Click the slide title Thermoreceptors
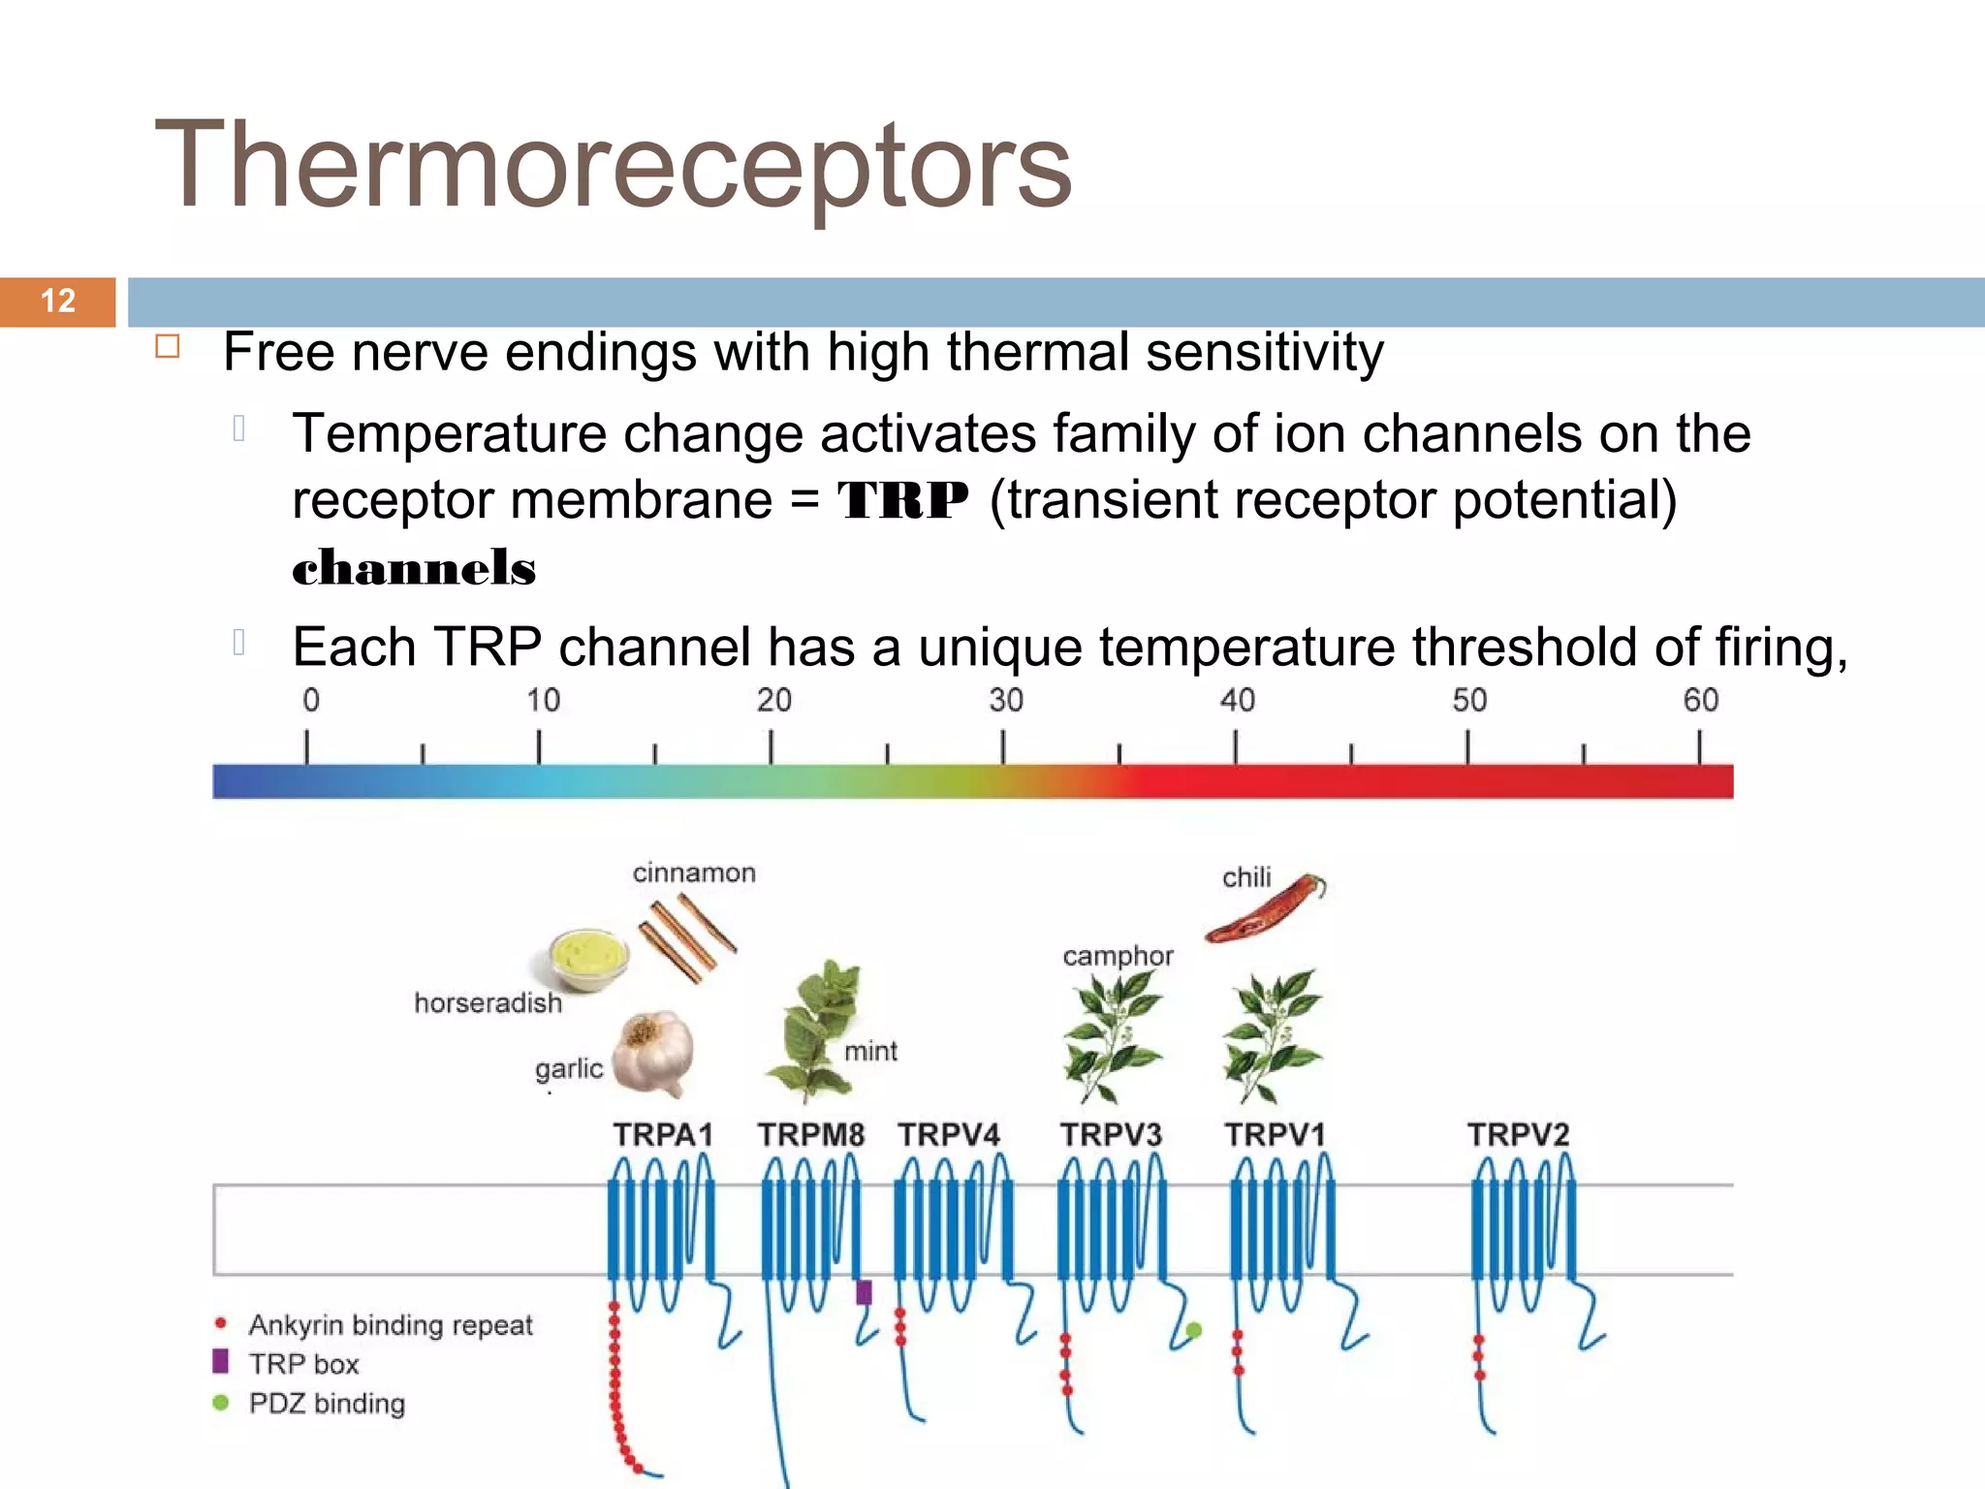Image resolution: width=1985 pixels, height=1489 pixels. (613, 165)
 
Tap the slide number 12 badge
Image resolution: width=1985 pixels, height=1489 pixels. (58, 301)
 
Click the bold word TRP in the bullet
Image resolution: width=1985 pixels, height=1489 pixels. (902, 501)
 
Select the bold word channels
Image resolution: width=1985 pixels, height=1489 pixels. (414, 568)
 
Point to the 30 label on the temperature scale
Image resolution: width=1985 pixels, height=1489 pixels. (1005, 700)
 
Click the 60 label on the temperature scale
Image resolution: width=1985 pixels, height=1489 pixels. (1700, 700)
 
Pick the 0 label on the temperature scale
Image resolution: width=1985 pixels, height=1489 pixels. (310, 700)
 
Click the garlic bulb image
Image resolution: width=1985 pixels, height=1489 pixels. (654, 1053)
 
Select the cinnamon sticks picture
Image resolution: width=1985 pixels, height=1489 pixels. (686, 936)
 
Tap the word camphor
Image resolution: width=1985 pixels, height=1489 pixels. (1118, 956)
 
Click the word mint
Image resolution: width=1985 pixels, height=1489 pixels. (870, 1051)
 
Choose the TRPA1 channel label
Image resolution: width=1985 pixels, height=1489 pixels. (663, 1134)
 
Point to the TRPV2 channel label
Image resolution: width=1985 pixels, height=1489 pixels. (1518, 1134)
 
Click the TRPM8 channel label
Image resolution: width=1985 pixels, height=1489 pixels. (810, 1134)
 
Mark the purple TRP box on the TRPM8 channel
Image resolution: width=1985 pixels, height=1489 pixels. (864, 1292)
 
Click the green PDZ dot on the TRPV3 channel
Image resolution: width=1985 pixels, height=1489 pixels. (1194, 1330)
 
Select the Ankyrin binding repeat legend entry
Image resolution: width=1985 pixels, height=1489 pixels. (390, 1324)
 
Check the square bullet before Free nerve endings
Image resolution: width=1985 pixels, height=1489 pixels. (168, 347)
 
